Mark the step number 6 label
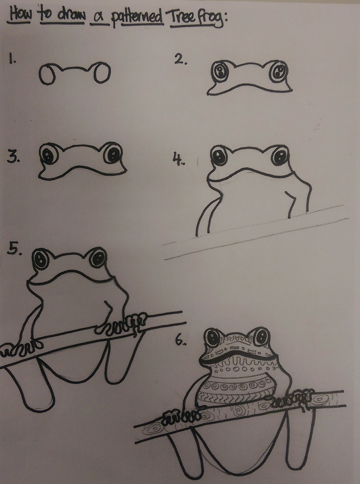[x=180, y=341]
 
